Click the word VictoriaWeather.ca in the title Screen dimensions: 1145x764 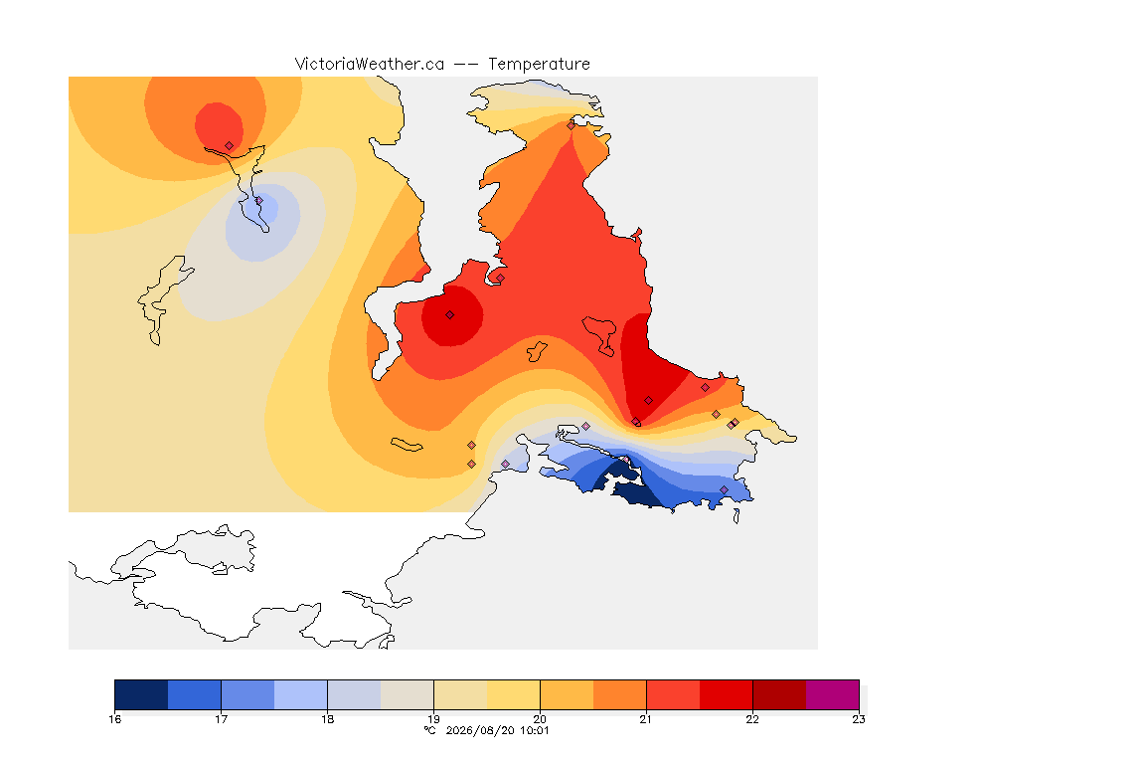[x=370, y=65]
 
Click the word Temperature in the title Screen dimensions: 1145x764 [x=539, y=65]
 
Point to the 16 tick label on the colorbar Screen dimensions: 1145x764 [x=114, y=719]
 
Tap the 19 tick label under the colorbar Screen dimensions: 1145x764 [x=433, y=719]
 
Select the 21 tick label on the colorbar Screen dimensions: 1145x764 [x=646, y=719]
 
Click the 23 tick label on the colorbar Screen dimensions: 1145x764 [x=859, y=719]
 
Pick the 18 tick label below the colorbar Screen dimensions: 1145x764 [x=327, y=719]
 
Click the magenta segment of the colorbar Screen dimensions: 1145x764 [x=833, y=694]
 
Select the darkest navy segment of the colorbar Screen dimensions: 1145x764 [x=142, y=694]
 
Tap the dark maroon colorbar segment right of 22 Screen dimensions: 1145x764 [x=779, y=694]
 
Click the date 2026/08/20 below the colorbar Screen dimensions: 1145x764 [x=480, y=730]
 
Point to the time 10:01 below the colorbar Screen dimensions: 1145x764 [x=534, y=730]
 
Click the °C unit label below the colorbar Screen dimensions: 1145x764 [x=430, y=730]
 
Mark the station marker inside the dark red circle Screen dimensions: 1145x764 [x=450, y=315]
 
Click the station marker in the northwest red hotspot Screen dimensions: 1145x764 [x=230, y=146]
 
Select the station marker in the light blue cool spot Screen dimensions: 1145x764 [x=258, y=200]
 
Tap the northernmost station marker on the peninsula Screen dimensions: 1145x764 [x=572, y=125]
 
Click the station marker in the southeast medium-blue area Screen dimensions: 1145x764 [x=724, y=489]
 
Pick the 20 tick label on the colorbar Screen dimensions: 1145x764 [x=540, y=719]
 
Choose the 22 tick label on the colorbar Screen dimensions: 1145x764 [x=752, y=719]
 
